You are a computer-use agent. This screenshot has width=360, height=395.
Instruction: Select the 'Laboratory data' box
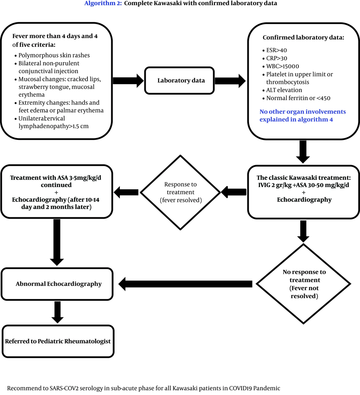tap(181, 80)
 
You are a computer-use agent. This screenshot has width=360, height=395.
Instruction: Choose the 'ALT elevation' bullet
tap(284, 90)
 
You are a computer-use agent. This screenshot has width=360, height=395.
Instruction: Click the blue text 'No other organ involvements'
tap(302, 112)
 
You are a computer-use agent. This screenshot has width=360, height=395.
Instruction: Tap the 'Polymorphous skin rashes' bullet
tap(54, 55)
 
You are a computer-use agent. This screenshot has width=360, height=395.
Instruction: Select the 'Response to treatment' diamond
tap(180, 192)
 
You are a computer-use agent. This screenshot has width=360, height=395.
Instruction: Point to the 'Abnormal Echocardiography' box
tap(58, 284)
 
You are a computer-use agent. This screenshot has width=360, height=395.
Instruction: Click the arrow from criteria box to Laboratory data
tap(128, 80)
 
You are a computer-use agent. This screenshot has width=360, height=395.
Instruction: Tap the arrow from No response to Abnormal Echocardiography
tap(185, 284)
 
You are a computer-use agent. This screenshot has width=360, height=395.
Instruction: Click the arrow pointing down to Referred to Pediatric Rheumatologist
tap(57, 312)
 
